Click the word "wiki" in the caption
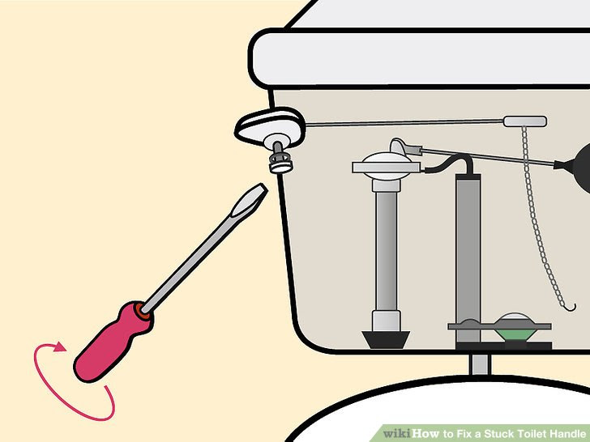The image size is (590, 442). pos(400,433)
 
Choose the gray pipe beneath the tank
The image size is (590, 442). pos(480,361)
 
